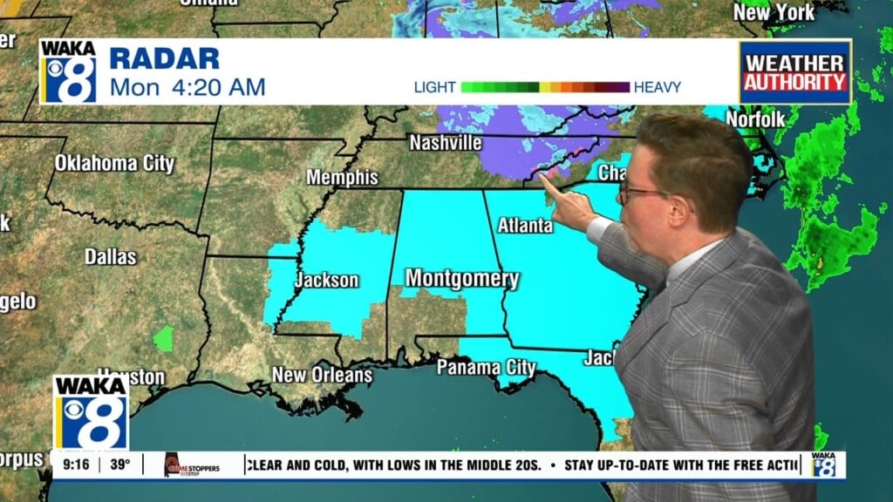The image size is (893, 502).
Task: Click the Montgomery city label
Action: coord(462,279)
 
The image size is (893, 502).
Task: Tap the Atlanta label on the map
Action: coord(525,226)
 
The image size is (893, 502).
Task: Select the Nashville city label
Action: coord(445,142)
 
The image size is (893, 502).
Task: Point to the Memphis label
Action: coord(342,178)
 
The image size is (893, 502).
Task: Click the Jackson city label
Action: coord(326,280)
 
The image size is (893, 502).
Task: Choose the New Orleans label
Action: coord(322,376)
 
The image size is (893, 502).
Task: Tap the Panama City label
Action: coord(486,368)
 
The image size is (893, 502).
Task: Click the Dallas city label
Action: coord(111,256)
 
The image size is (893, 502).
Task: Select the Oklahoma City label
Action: coord(114,163)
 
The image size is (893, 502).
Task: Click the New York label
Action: coord(774,12)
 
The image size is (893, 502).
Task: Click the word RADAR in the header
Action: coord(164,59)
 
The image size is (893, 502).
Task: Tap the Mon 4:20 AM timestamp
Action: coord(187,87)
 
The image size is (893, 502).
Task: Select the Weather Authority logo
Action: coord(794,72)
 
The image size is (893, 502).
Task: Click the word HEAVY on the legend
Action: coord(658,87)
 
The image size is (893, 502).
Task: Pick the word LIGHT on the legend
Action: coord(435,87)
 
